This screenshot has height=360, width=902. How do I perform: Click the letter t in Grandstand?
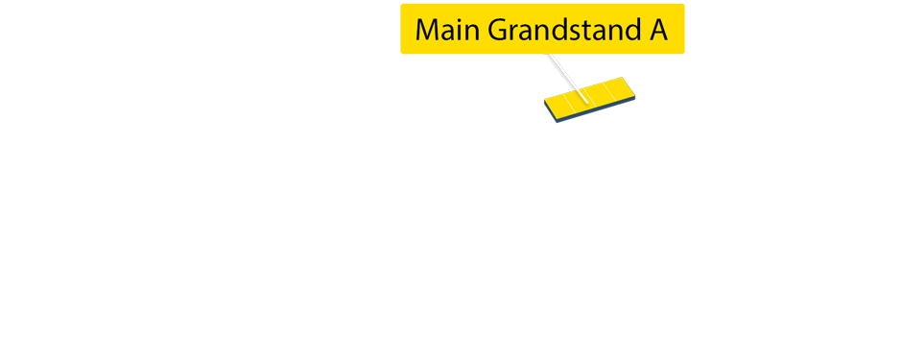[x=577, y=30]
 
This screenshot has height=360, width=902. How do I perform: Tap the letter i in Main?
[x=460, y=30]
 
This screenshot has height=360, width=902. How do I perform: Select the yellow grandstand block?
[x=590, y=98]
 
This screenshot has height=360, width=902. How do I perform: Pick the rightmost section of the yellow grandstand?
[x=623, y=87]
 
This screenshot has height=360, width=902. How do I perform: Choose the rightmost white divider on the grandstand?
[x=611, y=91]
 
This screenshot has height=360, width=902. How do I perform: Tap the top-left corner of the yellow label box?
[x=402, y=7]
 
